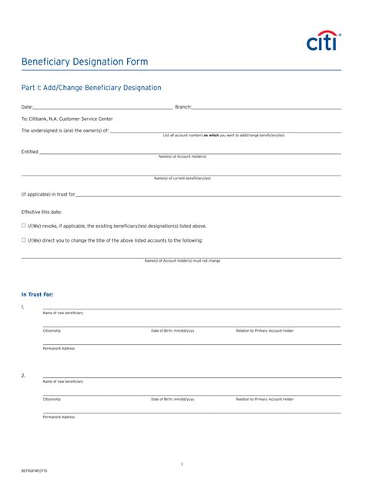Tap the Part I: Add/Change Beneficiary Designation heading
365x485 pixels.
tap(91, 89)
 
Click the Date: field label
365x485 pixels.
tap(27, 107)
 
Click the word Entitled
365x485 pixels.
tap(29, 152)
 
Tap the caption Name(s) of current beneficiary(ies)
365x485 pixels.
tap(182, 178)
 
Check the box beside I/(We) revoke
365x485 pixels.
tap(24, 226)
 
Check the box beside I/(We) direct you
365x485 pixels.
tap(24, 240)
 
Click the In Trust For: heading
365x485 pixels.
tap(37, 294)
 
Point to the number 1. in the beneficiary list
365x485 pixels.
tap(23, 307)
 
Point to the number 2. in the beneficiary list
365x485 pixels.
tap(23, 376)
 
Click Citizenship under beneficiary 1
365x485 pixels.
tap(52, 330)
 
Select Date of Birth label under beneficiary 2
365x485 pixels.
tap(172, 399)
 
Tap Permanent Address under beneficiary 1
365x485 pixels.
tap(59, 348)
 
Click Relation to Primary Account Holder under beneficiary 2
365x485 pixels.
tap(264, 399)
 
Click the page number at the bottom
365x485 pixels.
tap(182, 464)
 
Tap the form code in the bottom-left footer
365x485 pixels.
tap(34, 470)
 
